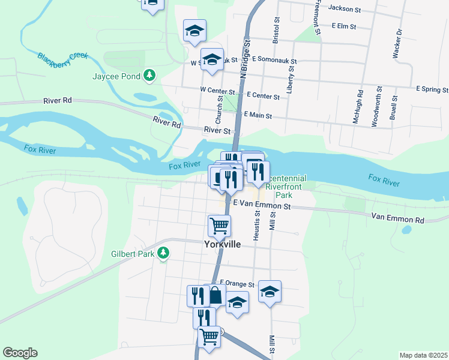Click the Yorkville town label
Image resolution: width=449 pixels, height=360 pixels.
coord(221,245)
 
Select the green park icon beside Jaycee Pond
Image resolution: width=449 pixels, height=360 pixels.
coord(149,76)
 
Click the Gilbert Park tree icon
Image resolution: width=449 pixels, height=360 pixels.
coord(163,254)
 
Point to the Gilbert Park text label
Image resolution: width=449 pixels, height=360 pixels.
coord(131,254)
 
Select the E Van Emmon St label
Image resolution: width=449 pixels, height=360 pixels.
coord(262,206)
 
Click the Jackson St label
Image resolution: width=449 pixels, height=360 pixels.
coord(345,10)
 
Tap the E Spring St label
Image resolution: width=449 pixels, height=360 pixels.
coord(432,89)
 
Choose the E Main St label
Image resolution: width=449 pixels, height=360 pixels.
coord(257,116)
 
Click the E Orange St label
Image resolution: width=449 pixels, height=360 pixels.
coord(238,284)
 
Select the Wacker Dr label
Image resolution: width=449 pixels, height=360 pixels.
coord(397,44)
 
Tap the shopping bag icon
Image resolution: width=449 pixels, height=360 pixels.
coord(215,295)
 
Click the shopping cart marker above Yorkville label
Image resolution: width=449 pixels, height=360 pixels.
coord(219,226)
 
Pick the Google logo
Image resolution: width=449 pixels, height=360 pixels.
coord(20,353)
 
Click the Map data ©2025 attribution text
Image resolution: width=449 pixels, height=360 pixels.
coord(423,355)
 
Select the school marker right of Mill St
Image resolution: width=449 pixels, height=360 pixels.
coord(270,292)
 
